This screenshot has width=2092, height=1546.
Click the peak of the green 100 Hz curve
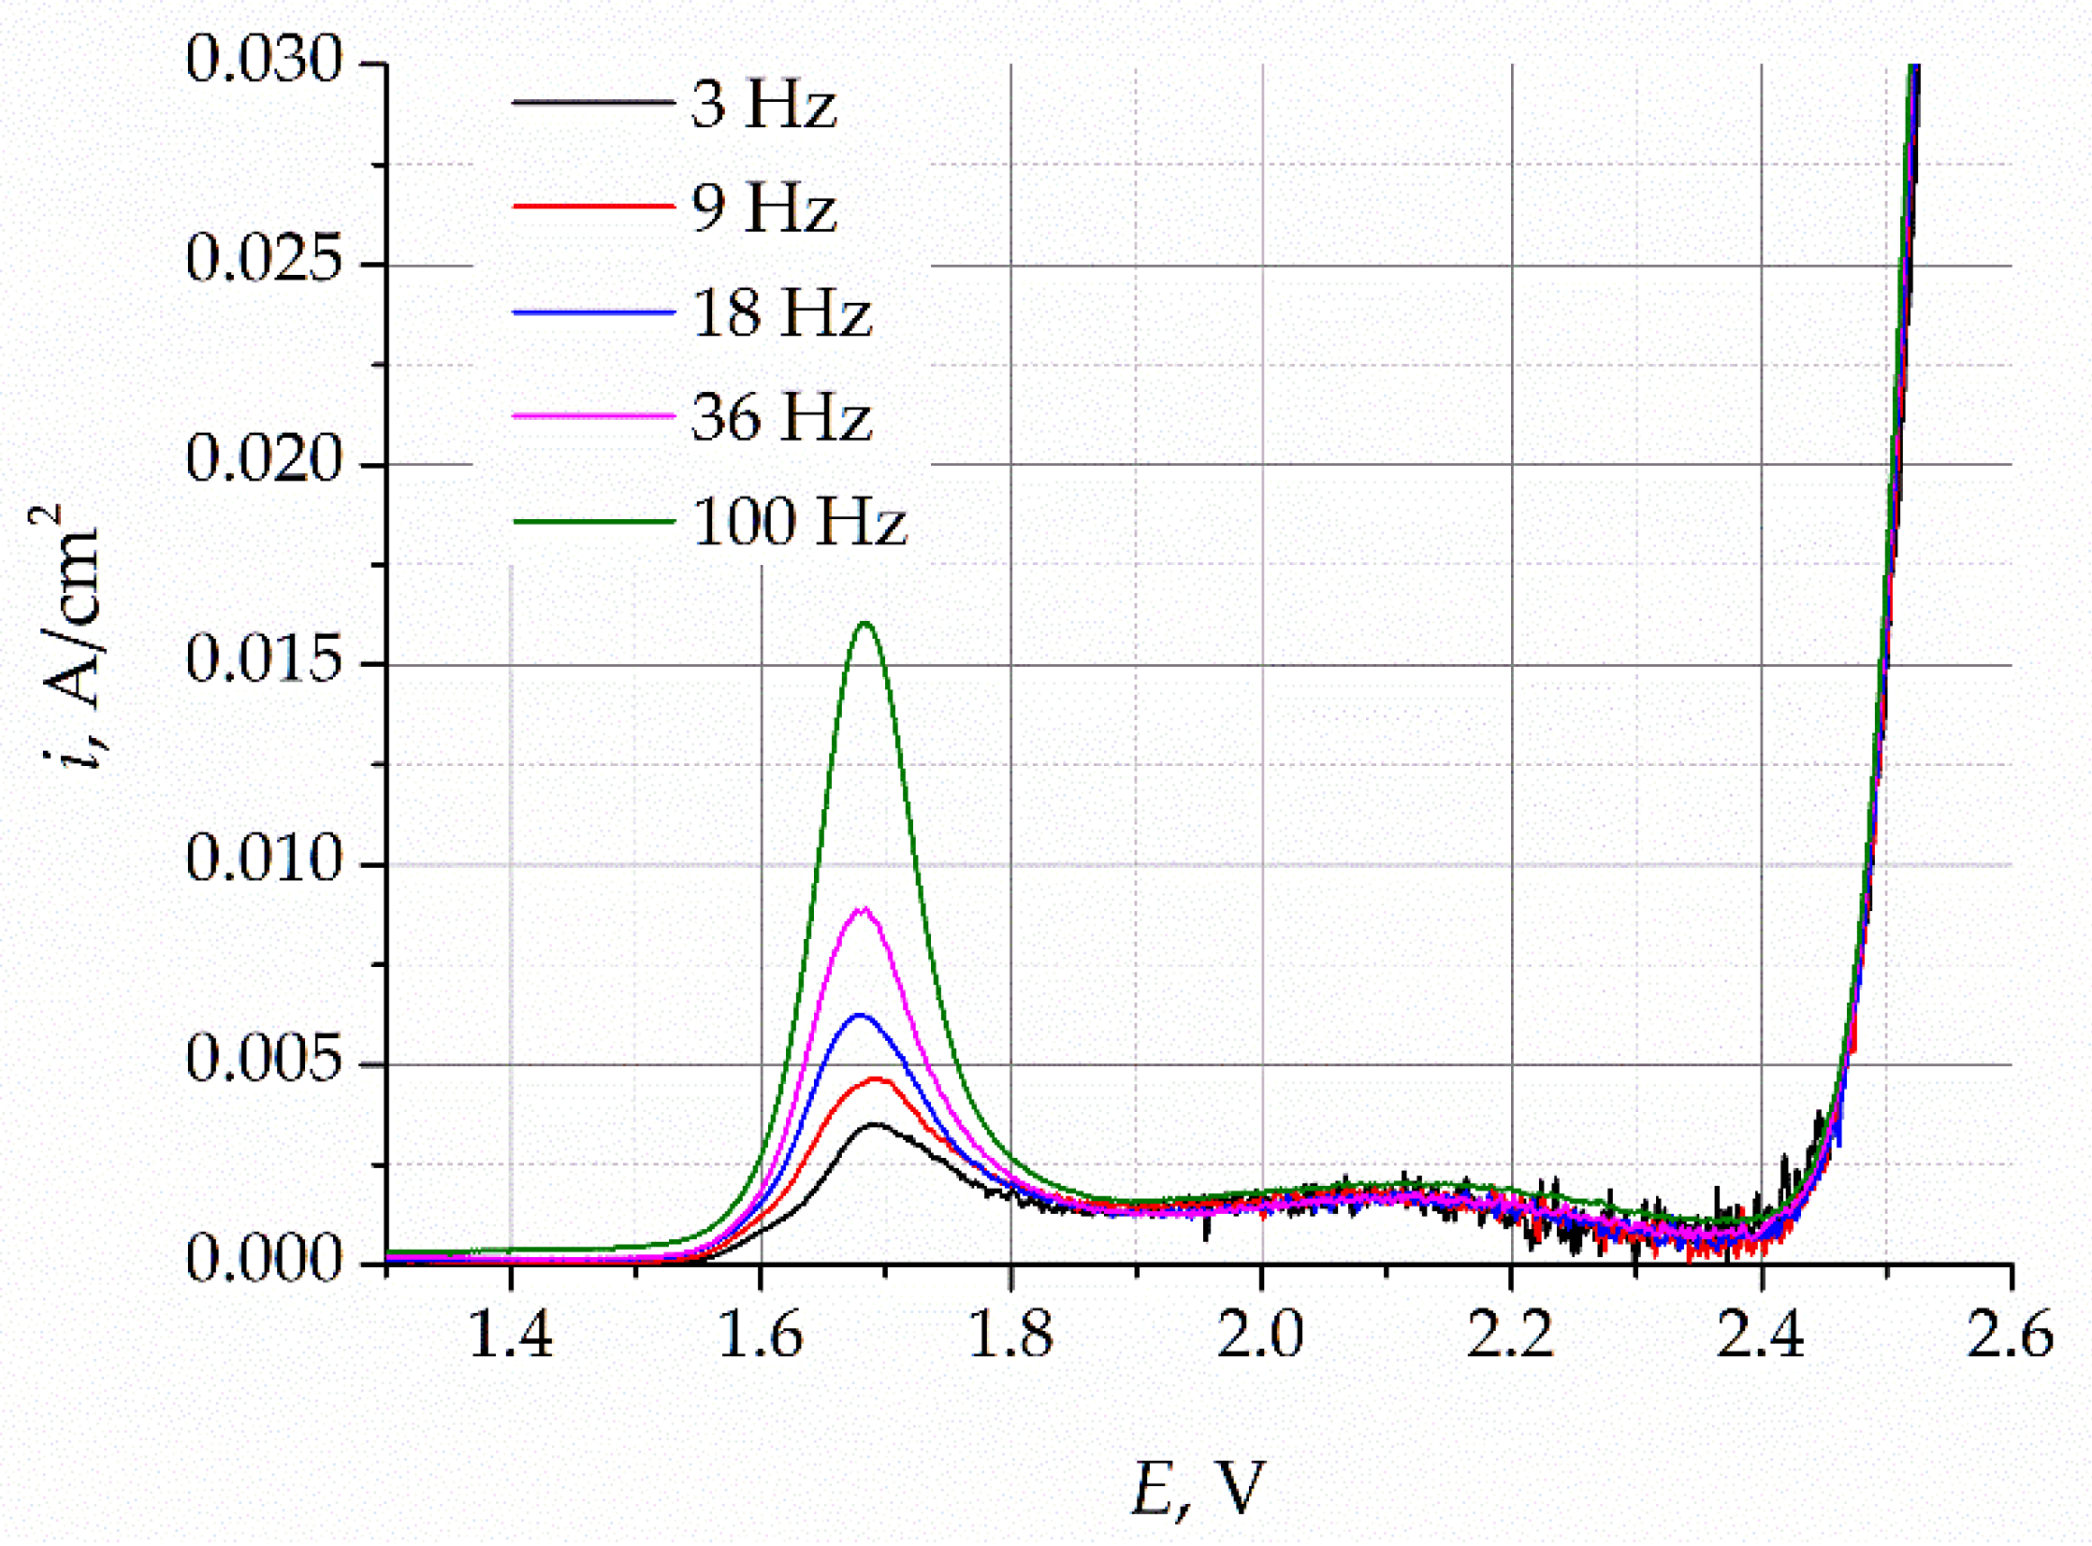click(x=864, y=623)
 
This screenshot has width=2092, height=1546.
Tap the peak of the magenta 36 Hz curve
click(x=864, y=909)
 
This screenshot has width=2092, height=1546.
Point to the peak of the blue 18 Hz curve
click(x=860, y=1016)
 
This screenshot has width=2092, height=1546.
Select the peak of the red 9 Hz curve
click(x=876, y=1079)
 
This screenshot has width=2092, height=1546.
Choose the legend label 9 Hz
click(x=763, y=207)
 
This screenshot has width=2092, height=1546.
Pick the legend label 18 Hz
click(x=780, y=311)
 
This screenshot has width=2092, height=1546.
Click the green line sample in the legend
click(x=593, y=521)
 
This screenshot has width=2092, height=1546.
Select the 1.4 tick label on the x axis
click(x=510, y=1334)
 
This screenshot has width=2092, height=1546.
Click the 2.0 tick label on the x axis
click(x=1261, y=1334)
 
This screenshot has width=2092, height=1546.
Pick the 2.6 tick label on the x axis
click(x=2010, y=1334)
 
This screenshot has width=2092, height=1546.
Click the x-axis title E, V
click(x=1199, y=1488)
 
